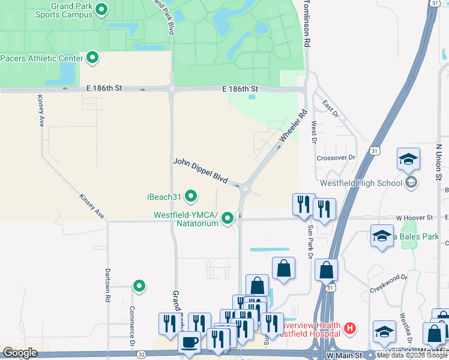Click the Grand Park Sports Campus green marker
point(101,9)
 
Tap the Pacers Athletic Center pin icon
point(92,58)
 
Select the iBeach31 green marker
point(191,196)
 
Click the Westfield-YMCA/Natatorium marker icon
point(228,218)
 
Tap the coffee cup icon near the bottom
point(190,342)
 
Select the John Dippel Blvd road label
point(201,171)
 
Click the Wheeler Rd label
point(294,127)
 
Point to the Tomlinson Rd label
point(307,24)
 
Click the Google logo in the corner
point(20,353)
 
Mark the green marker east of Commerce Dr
point(139,287)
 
